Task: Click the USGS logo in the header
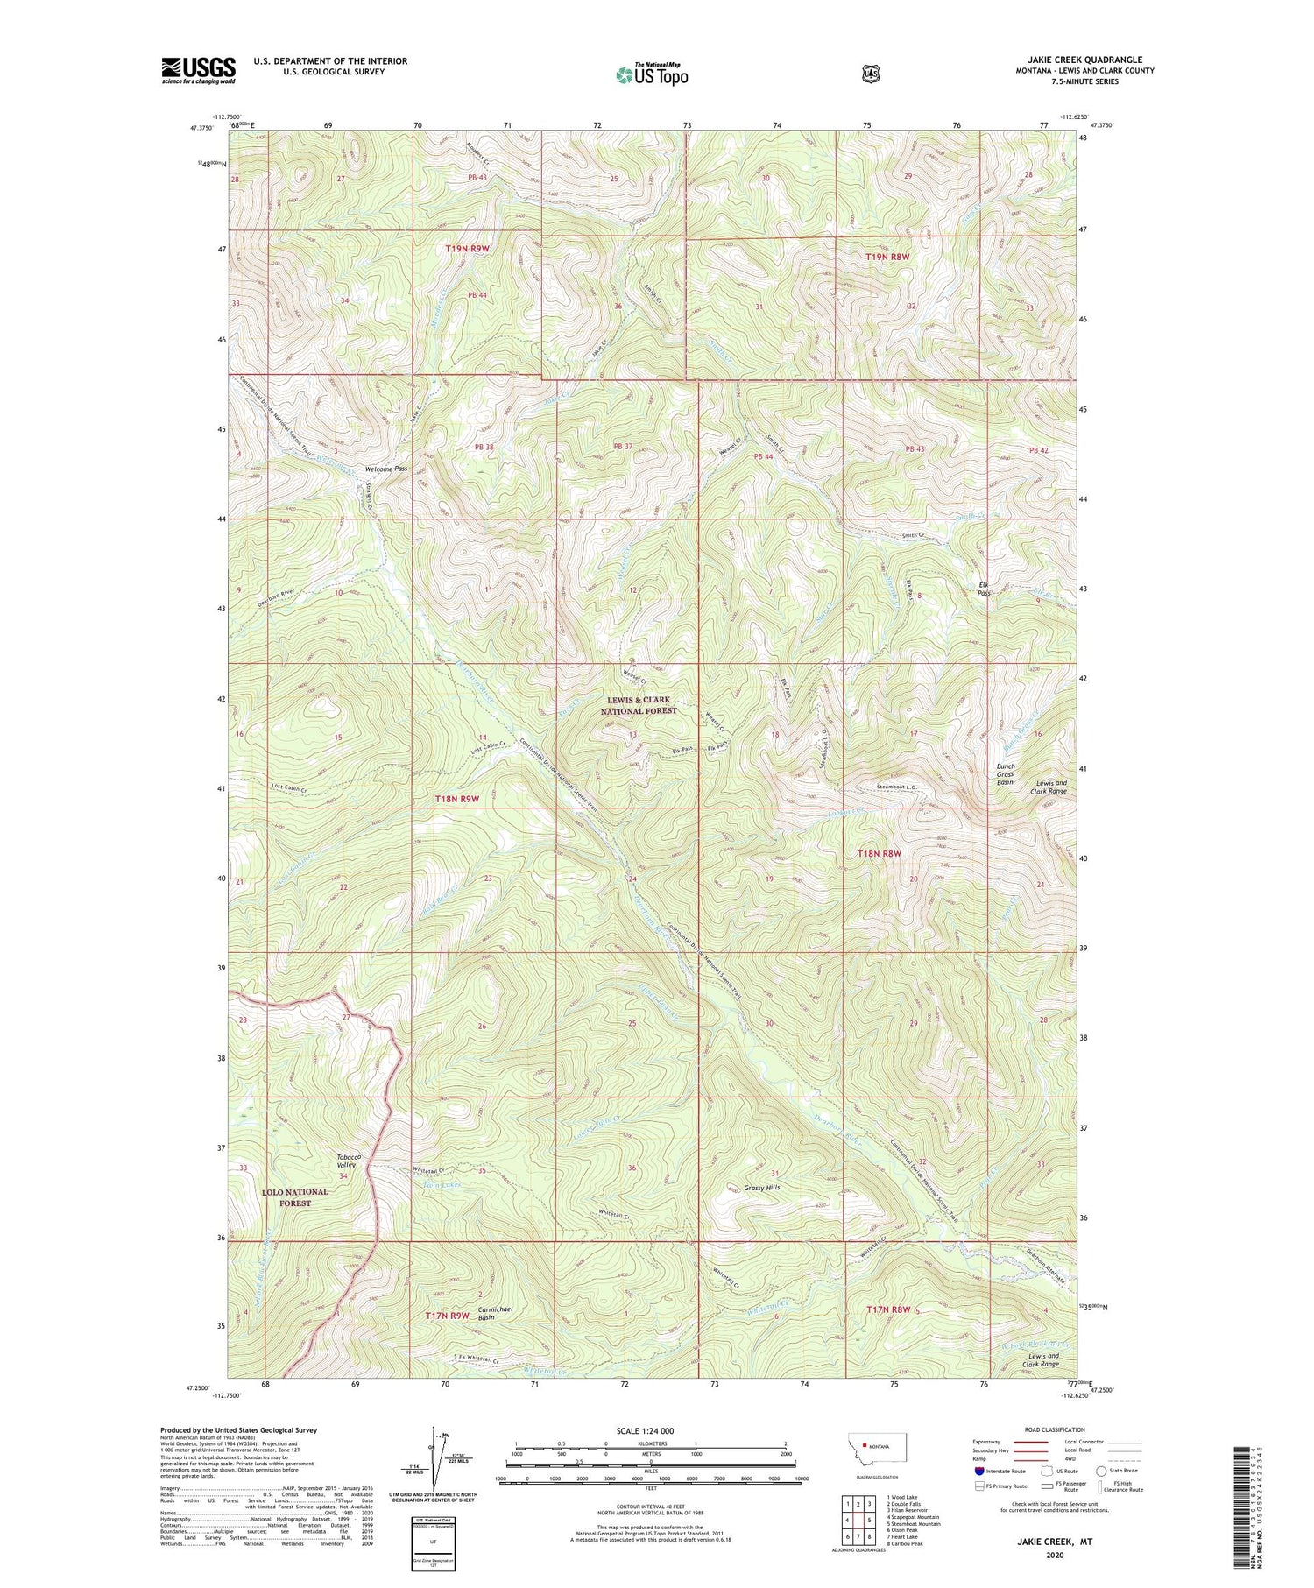(x=198, y=70)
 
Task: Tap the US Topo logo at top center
(x=651, y=74)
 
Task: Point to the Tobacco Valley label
(x=348, y=1161)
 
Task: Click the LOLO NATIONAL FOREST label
(x=294, y=1197)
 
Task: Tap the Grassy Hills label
(x=761, y=1187)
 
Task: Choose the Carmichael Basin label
(x=494, y=1313)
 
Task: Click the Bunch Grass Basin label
(x=1005, y=773)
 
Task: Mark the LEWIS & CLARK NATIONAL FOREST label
(x=638, y=706)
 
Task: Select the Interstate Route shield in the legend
(x=979, y=1471)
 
